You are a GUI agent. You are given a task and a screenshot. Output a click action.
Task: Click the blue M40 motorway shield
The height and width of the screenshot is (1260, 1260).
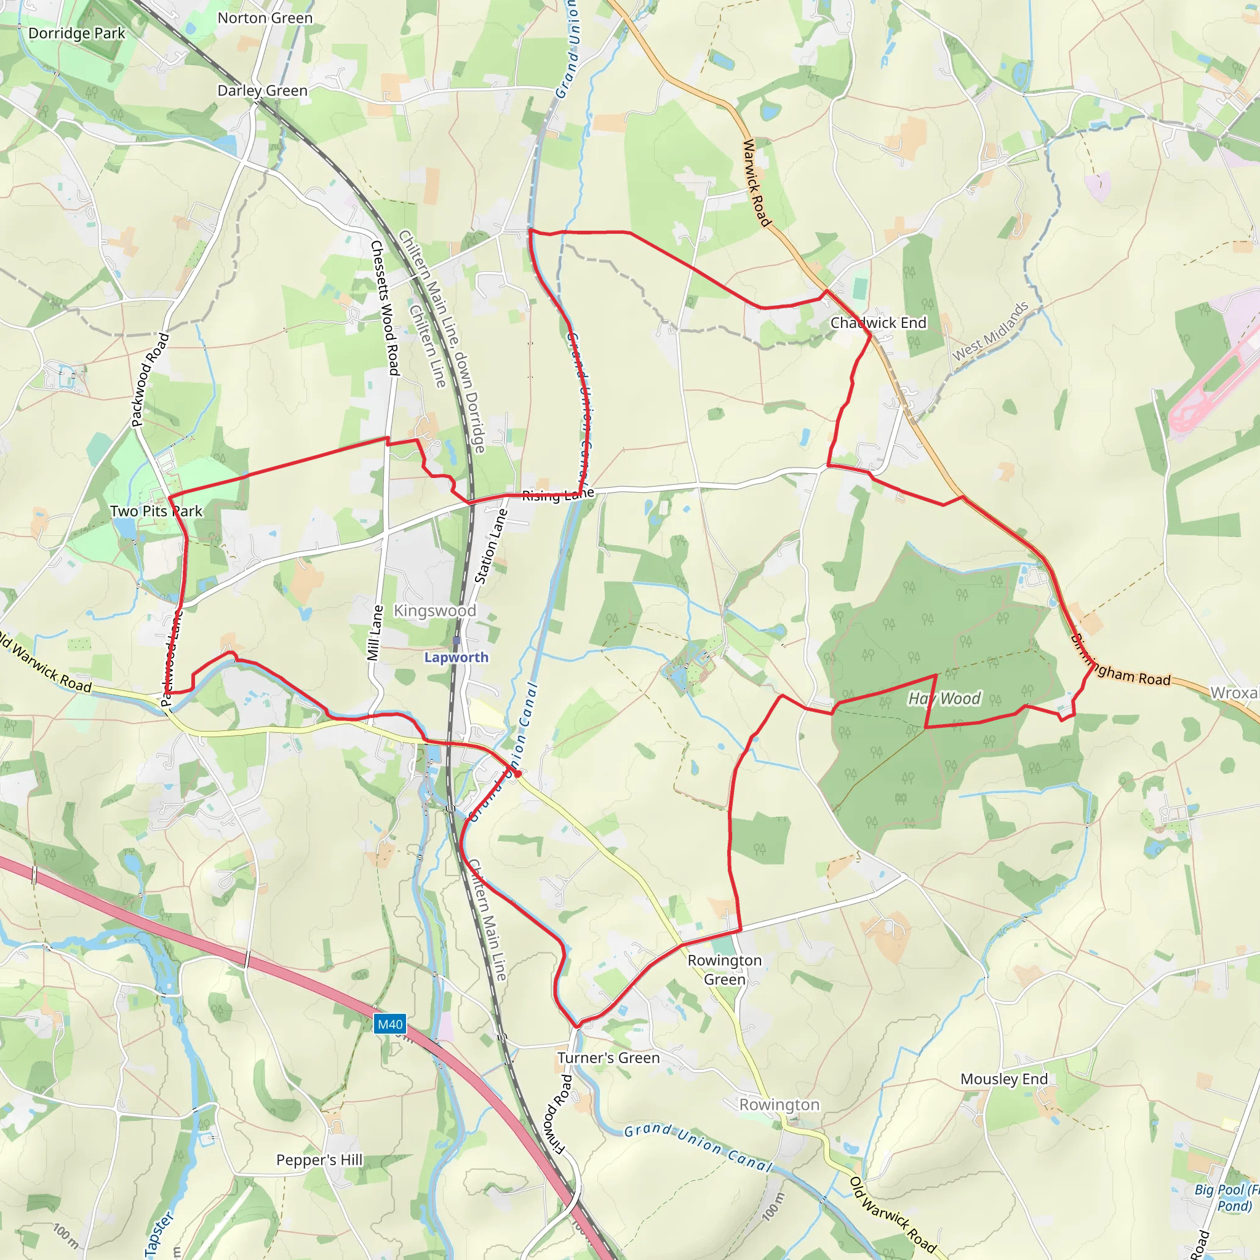click(390, 1024)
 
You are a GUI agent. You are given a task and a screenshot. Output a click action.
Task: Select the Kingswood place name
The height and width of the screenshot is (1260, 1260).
click(435, 610)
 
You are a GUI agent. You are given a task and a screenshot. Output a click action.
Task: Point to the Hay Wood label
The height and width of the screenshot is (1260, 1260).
click(944, 698)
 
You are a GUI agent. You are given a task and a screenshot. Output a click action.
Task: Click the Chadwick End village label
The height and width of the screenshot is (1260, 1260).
click(878, 323)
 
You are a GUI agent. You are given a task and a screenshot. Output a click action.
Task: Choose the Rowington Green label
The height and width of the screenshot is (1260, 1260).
click(725, 970)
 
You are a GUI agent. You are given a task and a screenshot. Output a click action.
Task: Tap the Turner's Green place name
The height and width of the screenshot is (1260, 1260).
click(608, 1058)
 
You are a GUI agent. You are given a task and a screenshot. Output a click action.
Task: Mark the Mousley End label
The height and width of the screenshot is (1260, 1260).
click(1003, 1079)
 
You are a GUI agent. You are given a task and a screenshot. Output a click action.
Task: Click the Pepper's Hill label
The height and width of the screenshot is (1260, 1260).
click(319, 1160)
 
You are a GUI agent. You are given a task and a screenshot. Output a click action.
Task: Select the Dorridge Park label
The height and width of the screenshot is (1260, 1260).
click(76, 33)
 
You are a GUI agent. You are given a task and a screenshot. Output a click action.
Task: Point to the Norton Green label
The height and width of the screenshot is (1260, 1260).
click(265, 18)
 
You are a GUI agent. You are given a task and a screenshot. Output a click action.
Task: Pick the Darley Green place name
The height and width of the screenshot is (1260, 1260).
click(262, 90)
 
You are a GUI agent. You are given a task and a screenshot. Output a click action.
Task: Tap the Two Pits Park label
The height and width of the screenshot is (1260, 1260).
click(156, 511)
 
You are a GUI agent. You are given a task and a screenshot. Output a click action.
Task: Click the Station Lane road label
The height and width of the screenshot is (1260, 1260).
click(490, 546)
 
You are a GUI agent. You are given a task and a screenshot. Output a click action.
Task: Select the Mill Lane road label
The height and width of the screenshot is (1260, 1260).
click(375, 632)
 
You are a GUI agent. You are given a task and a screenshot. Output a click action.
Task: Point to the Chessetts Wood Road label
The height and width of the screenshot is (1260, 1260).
click(385, 308)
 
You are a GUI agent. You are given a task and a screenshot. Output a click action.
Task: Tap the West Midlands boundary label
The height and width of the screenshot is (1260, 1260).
click(990, 332)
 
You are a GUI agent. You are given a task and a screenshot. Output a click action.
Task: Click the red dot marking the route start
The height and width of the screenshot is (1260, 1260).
click(517, 773)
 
